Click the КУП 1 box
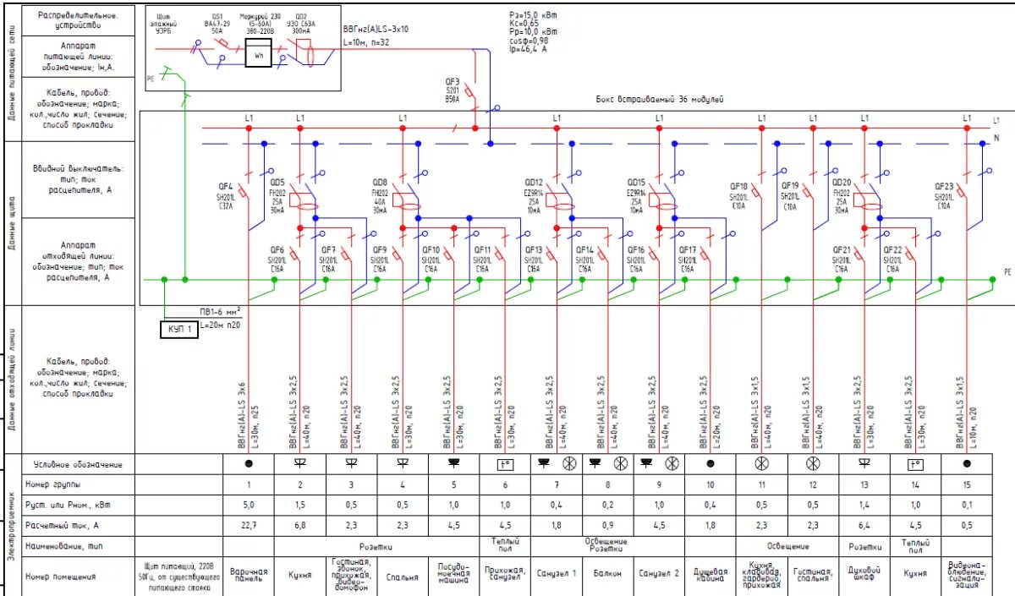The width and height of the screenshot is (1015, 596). [179, 329]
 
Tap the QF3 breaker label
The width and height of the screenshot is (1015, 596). [453, 82]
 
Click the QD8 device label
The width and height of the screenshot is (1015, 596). [380, 182]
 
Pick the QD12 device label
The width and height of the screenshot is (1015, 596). [533, 182]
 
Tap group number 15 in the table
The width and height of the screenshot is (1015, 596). [967, 485]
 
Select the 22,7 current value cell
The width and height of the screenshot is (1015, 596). [249, 525]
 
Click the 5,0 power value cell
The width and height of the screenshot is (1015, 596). [249, 505]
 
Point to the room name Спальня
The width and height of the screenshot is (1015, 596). [402, 577]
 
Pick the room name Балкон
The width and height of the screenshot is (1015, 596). [606, 572]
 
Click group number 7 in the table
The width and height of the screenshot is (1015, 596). [556, 485]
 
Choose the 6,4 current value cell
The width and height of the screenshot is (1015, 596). [864, 525]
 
